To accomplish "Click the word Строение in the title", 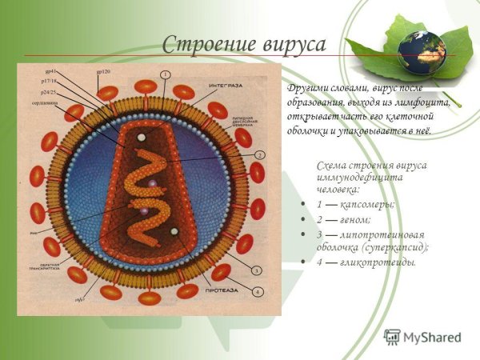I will pos(202,45).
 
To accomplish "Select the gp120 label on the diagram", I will pos(103,73).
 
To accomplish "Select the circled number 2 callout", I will pos(260,154).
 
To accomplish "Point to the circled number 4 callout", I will pos(258,292).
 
